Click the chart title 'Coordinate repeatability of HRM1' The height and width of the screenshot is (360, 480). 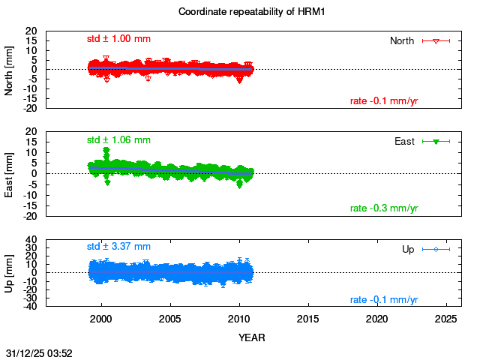pos(241,12)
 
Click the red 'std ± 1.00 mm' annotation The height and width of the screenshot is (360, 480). pos(118,39)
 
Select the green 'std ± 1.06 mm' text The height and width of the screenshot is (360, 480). pos(118,139)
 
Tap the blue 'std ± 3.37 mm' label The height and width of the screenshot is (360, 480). pos(118,246)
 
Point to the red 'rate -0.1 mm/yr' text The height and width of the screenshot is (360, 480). pos(384,101)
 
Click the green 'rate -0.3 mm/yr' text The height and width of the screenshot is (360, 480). pos(384,208)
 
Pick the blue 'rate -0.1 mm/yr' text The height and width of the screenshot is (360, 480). pos(384,299)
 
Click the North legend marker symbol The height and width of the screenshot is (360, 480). pos(436,40)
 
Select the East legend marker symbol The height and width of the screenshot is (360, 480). pos(436,141)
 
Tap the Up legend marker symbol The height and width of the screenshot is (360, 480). pos(436,249)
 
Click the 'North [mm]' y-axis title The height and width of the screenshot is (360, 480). pos(10,69)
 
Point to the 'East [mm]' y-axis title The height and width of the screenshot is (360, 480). pos(10,174)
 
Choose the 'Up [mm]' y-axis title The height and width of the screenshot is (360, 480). pos(10,273)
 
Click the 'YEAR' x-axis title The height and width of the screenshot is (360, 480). pos(251,337)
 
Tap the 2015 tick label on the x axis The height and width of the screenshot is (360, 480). pos(307,319)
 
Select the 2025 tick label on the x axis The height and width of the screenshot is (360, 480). pos(445,319)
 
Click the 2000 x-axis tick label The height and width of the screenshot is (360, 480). pos(101,319)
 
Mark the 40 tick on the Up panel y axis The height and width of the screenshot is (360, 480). pos(32,240)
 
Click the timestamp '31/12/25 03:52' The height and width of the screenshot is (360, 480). pos(39,352)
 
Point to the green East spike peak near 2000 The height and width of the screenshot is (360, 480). pos(106,150)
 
